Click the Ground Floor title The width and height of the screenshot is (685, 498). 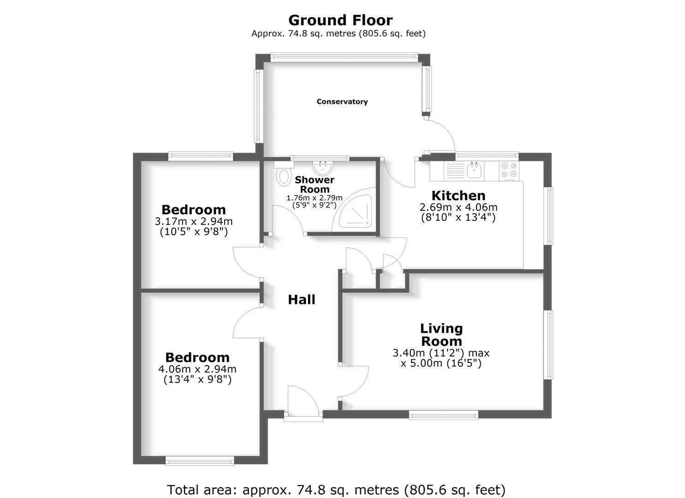[x=340, y=20]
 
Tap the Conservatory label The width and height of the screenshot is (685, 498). [x=342, y=101]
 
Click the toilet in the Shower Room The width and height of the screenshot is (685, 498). [x=284, y=176]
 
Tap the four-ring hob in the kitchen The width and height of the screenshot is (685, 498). [x=509, y=170]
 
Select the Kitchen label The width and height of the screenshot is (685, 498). [x=458, y=195]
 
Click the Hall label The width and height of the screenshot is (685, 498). [x=301, y=299]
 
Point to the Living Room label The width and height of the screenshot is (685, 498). [x=441, y=335]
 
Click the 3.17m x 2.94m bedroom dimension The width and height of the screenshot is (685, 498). [x=194, y=222]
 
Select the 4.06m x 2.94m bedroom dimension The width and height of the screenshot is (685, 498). [x=197, y=369]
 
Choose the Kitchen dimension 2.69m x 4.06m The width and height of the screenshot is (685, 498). [x=458, y=207]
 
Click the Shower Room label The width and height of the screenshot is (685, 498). [x=315, y=184]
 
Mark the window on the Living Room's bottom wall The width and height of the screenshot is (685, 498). [x=443, y=416]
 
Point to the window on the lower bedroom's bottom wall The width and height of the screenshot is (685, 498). [x=199, y=461]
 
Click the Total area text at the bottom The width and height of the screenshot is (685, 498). [x=336, y=489]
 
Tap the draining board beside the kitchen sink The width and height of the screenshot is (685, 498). [x=454, y=171]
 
